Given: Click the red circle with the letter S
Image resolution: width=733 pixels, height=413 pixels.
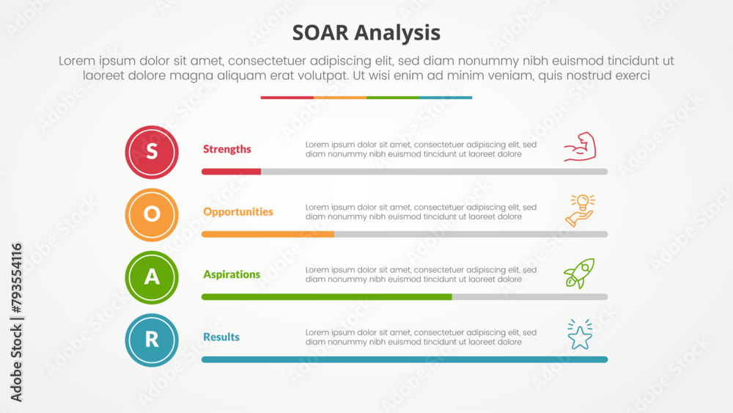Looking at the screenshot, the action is [152, 152].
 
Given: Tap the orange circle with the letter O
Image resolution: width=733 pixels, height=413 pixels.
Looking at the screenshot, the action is [152, 215].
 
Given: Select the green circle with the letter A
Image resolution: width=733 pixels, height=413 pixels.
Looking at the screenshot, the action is [152, 277].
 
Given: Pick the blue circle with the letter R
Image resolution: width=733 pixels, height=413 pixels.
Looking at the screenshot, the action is [152, 340].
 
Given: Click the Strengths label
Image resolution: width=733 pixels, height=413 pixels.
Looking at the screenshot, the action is [226, 149].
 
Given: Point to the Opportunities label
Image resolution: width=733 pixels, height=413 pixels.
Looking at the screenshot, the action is [238, 212].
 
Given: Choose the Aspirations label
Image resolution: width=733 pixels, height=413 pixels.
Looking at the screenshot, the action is [232, 274].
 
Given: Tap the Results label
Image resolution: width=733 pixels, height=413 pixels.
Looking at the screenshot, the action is [221, 337].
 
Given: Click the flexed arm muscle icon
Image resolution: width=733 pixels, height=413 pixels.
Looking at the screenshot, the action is [580, 147].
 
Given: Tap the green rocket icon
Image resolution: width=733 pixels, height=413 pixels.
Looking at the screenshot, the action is [579, 274].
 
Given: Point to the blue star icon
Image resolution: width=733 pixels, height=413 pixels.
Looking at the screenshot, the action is [580, 335].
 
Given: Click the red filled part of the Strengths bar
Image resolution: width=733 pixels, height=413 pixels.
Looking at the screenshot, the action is [231, 172].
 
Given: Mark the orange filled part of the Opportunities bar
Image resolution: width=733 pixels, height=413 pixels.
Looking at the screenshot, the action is [268, 234].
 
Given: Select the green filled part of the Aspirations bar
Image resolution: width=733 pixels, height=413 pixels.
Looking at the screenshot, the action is [327, 297].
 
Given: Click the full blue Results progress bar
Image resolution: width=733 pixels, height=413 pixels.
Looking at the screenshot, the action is [405, 359].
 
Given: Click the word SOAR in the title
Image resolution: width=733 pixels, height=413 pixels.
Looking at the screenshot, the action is [320, 33].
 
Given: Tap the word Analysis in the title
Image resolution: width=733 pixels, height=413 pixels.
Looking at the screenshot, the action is [397, 34].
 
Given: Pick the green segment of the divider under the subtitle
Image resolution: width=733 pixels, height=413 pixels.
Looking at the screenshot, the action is [393, 98].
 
